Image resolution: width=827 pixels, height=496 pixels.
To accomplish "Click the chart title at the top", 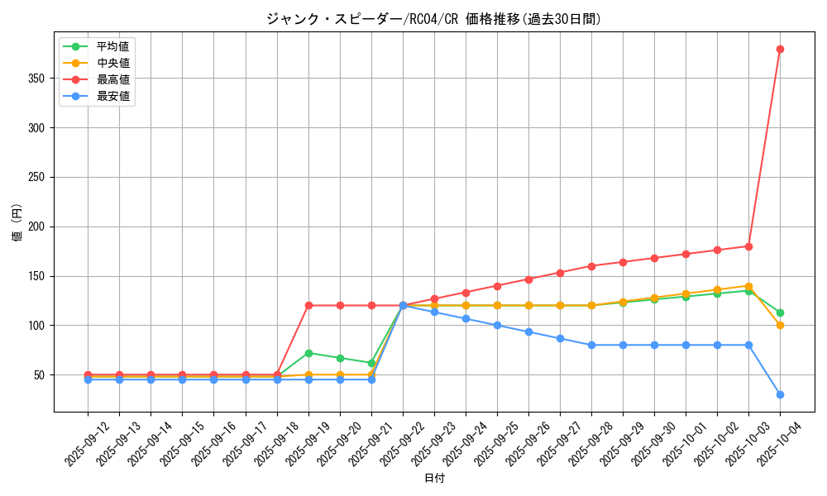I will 433,19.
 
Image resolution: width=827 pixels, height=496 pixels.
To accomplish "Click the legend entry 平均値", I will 112,46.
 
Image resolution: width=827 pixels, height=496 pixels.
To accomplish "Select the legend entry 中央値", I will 112,63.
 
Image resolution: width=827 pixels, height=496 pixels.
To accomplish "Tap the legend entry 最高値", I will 112,79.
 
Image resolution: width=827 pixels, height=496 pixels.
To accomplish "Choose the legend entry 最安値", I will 112,96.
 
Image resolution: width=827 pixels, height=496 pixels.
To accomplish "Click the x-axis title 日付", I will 433,479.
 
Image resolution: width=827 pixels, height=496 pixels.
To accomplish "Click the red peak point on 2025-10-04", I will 780,49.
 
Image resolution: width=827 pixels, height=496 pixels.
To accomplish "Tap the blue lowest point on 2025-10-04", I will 780,394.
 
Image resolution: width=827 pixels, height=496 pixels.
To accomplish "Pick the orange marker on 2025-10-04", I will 780,325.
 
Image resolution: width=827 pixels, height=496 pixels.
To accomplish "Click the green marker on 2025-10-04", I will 780,312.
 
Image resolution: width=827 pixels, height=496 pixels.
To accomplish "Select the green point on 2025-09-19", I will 308,353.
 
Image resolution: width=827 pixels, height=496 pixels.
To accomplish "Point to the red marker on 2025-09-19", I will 308,305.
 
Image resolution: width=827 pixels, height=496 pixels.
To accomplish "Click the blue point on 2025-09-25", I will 497,325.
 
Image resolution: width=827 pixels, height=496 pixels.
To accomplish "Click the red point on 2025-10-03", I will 748,246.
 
